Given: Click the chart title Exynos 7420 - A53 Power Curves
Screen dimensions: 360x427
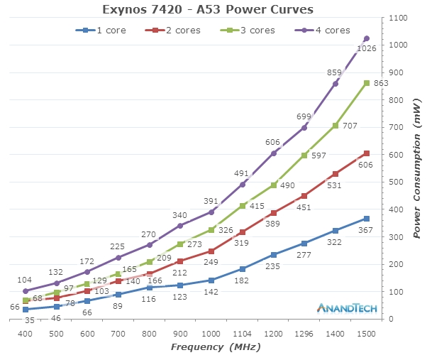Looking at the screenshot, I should point(208,9).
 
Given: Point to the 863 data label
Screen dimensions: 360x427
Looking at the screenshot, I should point(380,84).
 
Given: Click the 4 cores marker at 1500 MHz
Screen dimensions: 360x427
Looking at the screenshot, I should point(367,38).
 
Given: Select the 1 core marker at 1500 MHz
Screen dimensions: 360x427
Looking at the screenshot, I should point(367,219).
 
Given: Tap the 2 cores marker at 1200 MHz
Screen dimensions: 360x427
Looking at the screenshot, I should point(274,212).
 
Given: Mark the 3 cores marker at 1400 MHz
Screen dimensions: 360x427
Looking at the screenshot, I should point(335,126).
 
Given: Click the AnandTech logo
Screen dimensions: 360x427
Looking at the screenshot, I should point(345,308).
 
